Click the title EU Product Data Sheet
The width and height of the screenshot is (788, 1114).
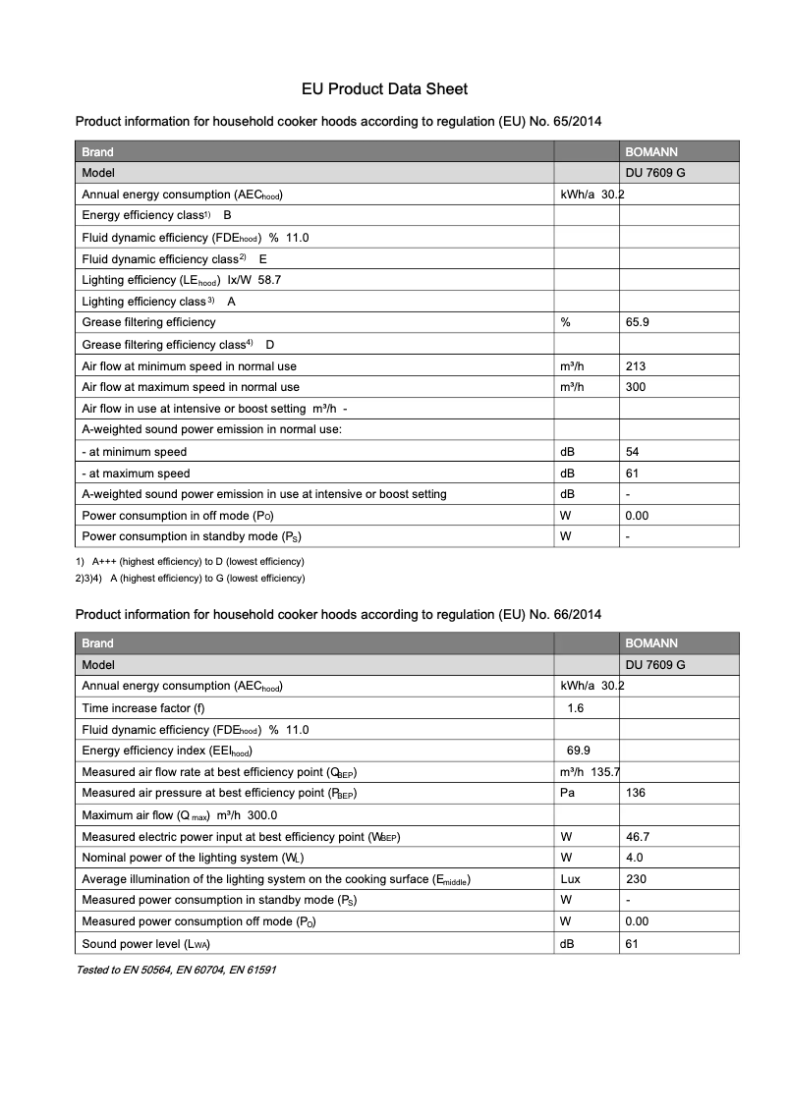click(384, 89)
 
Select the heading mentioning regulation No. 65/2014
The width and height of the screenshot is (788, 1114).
click(338, 122)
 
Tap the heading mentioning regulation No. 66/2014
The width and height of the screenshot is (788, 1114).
click(338, 614)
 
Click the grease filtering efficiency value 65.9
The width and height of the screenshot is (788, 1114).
click(637, 322)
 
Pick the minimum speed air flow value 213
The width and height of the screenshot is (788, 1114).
click(636, 366)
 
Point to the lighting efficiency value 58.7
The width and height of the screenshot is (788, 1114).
click(270, 280)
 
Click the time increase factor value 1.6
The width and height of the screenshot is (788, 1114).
click(576, 708)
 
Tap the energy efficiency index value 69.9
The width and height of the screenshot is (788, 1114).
click(579, 752)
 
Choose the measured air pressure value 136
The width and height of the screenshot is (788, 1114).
click(636, 793)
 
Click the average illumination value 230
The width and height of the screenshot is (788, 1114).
click(636, 879)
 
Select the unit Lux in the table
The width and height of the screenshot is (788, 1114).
click(570, 879)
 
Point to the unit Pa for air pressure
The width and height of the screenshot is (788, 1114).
click(567, 793)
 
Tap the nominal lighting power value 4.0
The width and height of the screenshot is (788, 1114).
click(634, 858)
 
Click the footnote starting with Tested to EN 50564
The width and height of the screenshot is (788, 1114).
click(177, 970)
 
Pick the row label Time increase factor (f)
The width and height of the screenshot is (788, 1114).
click(143, 708)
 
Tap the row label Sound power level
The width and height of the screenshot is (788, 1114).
click(146, 944)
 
